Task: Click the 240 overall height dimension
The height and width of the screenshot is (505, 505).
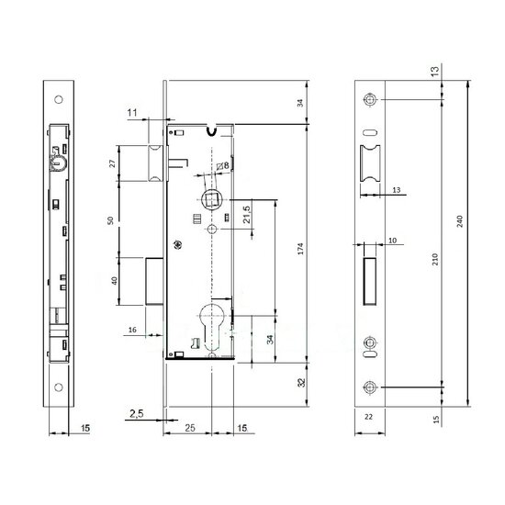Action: coord(460,221)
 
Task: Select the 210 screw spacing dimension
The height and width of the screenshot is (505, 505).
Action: coord(435,259)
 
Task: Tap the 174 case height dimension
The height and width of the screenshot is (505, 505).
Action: coord(300,249)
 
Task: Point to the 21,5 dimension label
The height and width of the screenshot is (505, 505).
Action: coord(247,215)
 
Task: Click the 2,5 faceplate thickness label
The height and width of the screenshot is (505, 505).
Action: coord(137,413)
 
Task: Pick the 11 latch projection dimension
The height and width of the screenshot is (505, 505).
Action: coord(132,113)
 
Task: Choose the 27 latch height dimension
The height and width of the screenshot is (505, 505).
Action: coord(112,163)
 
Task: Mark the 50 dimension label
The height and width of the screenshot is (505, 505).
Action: coord(110,220)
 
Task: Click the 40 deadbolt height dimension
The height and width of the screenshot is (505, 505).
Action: coord(115,281)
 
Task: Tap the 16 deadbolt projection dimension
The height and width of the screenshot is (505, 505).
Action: coord(132,330)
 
